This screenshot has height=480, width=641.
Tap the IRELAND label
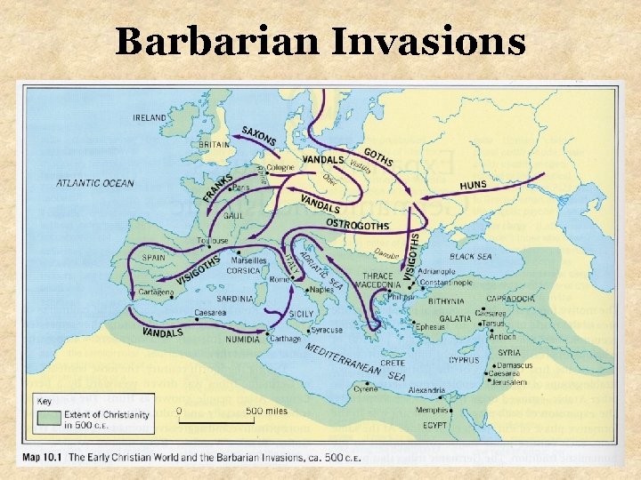point(150,117)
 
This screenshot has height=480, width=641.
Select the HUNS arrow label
point(473,185)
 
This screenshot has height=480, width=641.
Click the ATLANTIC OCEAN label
point(95,184)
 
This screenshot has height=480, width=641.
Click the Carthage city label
point(286,339)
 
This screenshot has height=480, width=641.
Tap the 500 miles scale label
point(267,411)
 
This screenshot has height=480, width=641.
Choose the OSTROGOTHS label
point(357,223)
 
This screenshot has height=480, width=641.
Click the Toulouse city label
point(213,241)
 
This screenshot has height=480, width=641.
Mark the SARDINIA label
point(235,300)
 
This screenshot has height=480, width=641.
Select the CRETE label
point(392,363)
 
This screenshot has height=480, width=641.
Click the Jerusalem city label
point(507,382)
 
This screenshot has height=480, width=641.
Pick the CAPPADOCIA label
point(510,299)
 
